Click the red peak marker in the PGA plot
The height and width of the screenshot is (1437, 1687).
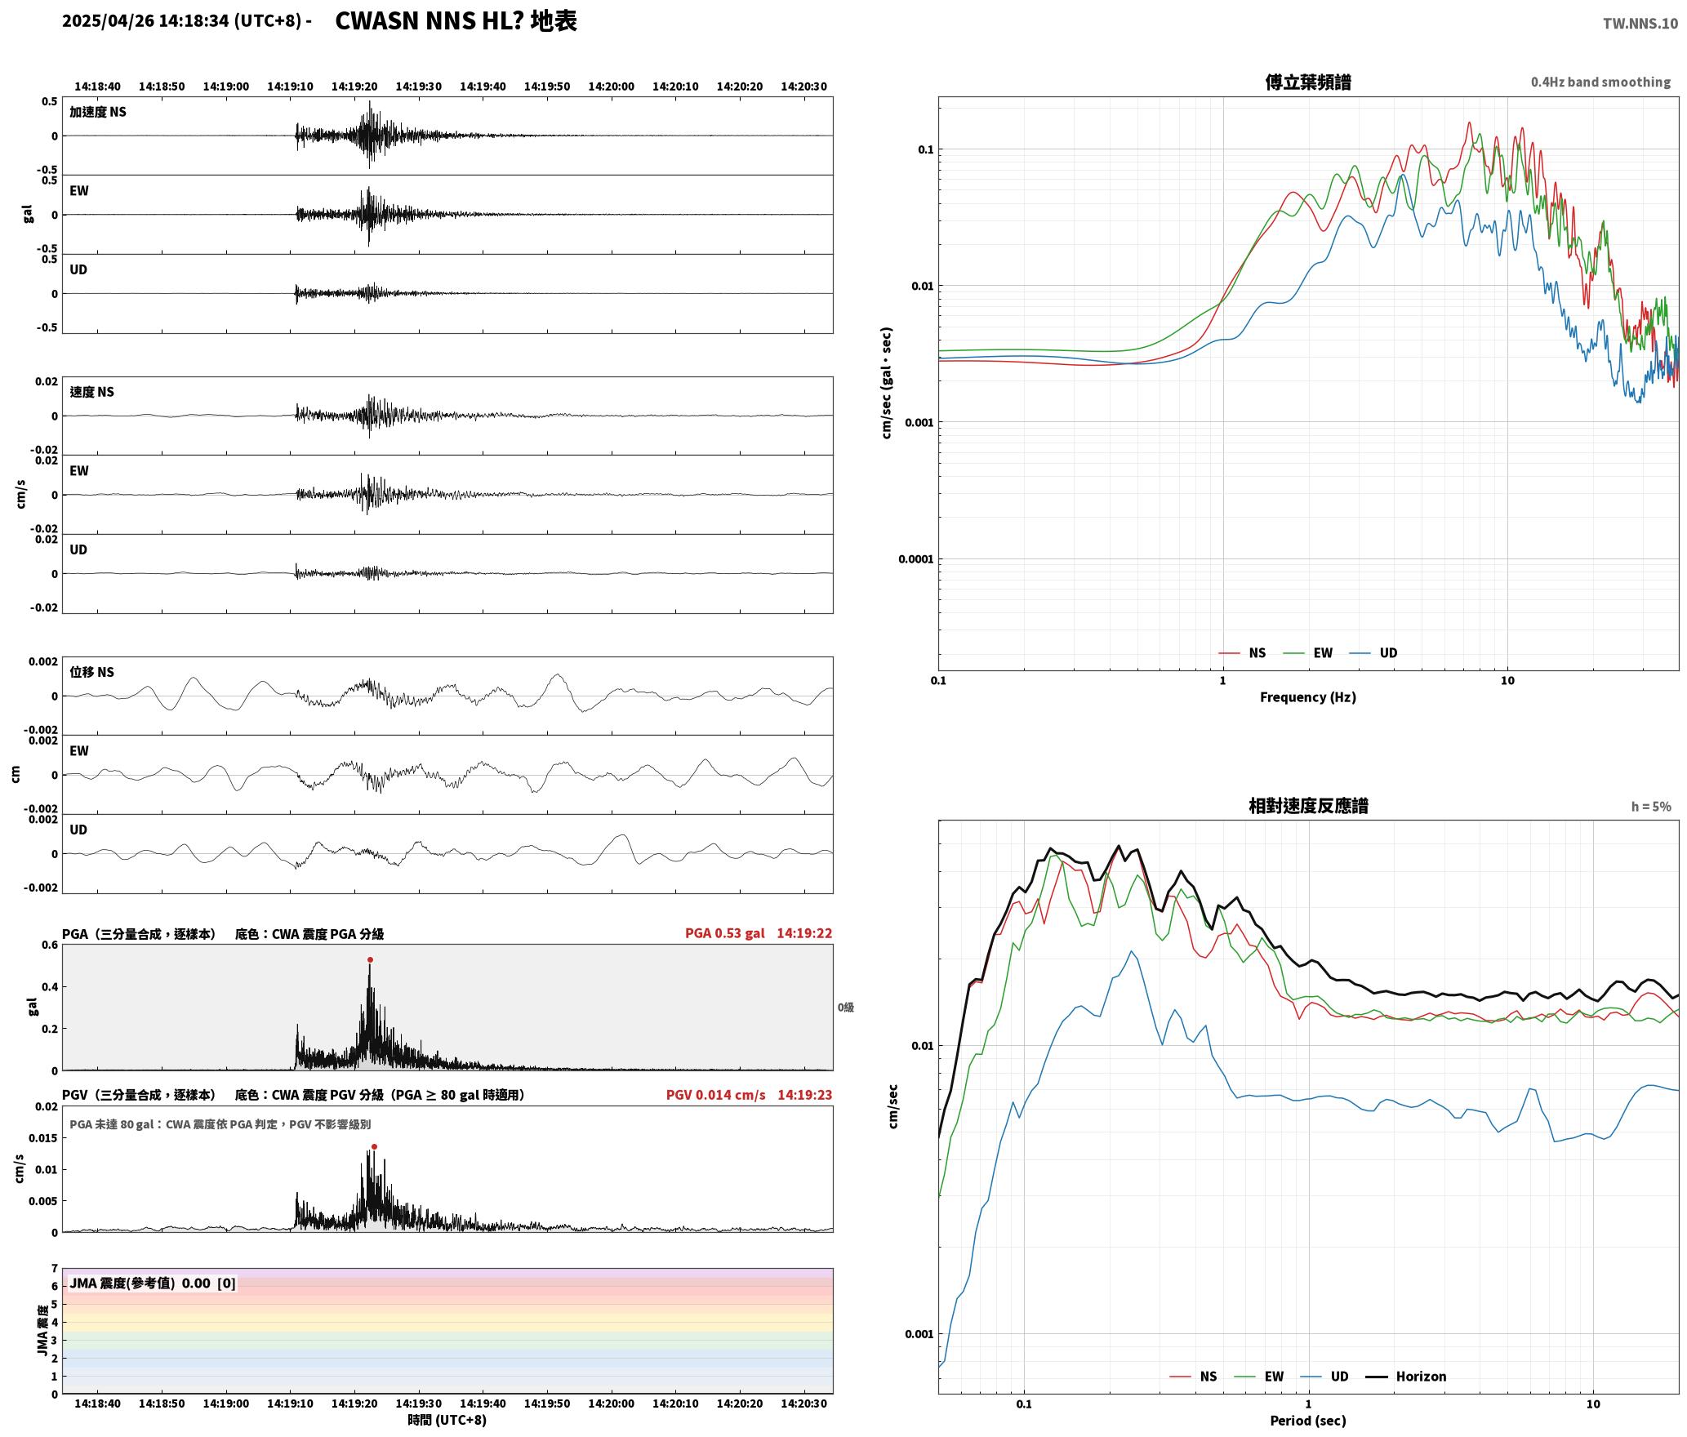(x=370, y=960)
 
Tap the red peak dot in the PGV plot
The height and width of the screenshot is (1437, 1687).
(x=374, y=1147)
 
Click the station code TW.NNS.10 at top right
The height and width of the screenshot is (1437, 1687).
(x=1640, y=24)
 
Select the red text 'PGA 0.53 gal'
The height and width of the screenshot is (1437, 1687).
(x=725, y=933)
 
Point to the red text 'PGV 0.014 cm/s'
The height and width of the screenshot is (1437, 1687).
(x=716, y=1095)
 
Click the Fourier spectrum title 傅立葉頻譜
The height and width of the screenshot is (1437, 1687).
(x=1308, y=82)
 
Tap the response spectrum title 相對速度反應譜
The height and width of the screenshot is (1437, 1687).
(x=1308, y=806)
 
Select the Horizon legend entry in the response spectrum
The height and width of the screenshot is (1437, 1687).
(x=1406, y=1377)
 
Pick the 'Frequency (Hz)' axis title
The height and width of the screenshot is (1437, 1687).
(x=1308, y=697)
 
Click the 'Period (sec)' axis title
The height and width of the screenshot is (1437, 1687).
(x=1308, y=1421)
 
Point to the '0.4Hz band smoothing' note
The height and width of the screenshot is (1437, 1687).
(x=1600, y=82)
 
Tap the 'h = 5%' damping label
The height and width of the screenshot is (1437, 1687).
(x=1651, y=807)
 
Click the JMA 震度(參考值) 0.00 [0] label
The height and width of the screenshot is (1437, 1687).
(x=153, y=1284)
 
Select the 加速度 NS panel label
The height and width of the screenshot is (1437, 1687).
(x=98, y=112)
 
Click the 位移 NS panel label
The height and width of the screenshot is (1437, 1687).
(x=92, y=672)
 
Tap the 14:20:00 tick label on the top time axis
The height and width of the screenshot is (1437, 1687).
(x=611, y=87)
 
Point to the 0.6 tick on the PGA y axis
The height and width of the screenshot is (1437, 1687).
(x=50, y=945)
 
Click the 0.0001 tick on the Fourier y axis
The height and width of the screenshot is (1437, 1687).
(x=915, y=559)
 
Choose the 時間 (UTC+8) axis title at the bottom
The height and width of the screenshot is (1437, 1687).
(x=447, y=1421)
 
